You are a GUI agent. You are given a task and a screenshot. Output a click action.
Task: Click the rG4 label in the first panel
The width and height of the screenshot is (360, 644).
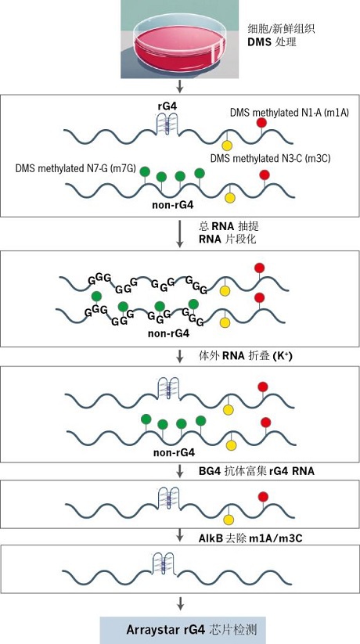coord(167,106)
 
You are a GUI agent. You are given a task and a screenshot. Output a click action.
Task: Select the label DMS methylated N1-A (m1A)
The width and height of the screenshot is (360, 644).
coord(290,113)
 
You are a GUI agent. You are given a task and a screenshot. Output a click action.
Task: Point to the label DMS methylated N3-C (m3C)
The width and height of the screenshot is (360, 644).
coord(270,158)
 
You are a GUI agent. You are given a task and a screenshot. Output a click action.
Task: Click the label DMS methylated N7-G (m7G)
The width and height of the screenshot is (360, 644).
coord(76,168)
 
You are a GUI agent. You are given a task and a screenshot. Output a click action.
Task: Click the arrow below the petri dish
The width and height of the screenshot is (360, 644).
coord(179,86)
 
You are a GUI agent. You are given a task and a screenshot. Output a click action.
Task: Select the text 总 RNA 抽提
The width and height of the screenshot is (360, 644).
coord(229,226)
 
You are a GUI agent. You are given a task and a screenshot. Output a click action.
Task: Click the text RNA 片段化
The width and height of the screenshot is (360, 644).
coord(227,239)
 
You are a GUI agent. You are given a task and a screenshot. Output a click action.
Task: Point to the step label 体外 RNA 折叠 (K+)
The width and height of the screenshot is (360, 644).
coord(245,356)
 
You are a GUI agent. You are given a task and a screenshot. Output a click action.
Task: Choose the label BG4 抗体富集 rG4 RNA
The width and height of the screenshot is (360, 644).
coord(257,471)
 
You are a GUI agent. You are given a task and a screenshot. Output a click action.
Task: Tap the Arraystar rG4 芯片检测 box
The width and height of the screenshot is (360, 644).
coord(183,630)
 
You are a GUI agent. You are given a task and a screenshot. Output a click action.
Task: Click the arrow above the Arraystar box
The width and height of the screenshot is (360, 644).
coord(179,603)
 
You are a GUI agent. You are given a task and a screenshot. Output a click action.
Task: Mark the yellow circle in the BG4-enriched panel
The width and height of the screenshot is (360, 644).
coord(229,520)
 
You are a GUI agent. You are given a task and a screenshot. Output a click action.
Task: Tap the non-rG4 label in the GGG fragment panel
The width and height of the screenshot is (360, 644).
coord(168,333)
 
